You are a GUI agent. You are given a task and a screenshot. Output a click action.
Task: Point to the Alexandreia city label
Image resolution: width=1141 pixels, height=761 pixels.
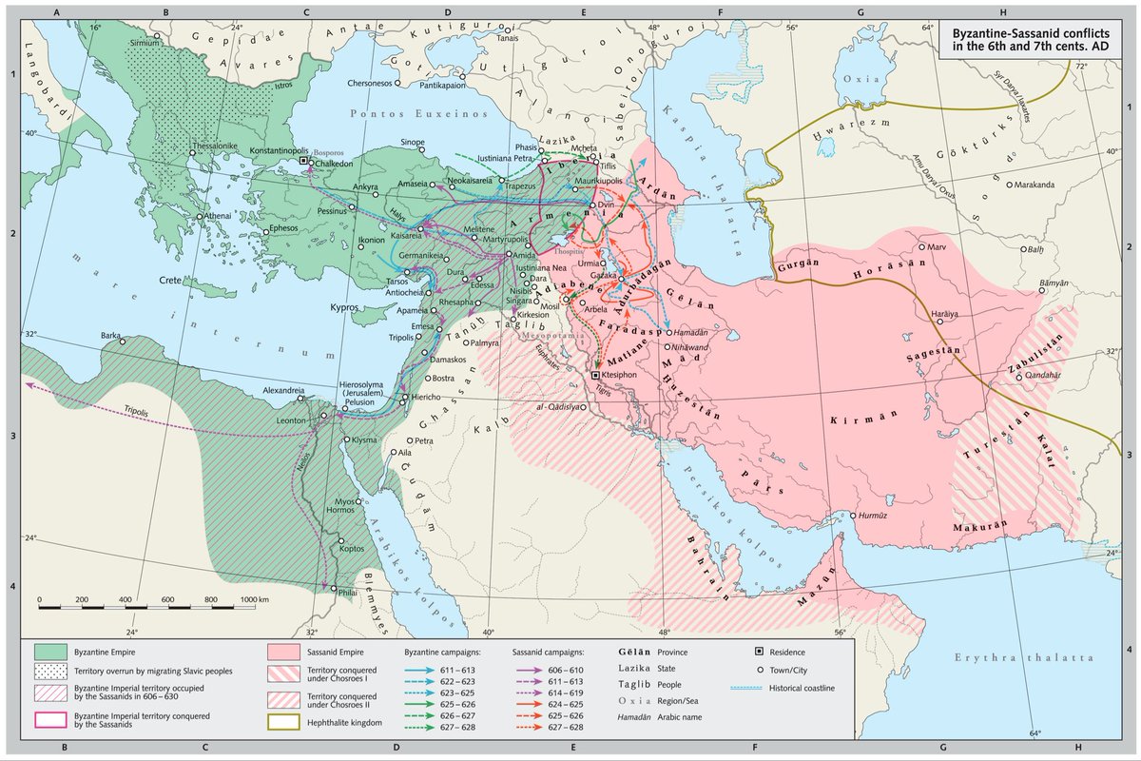(x=282, y=390)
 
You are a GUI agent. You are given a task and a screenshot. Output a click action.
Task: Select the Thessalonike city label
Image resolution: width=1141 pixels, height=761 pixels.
(x=220, y=147)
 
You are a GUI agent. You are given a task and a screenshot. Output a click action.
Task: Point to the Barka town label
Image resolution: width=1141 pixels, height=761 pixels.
(x=112, y=336)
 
